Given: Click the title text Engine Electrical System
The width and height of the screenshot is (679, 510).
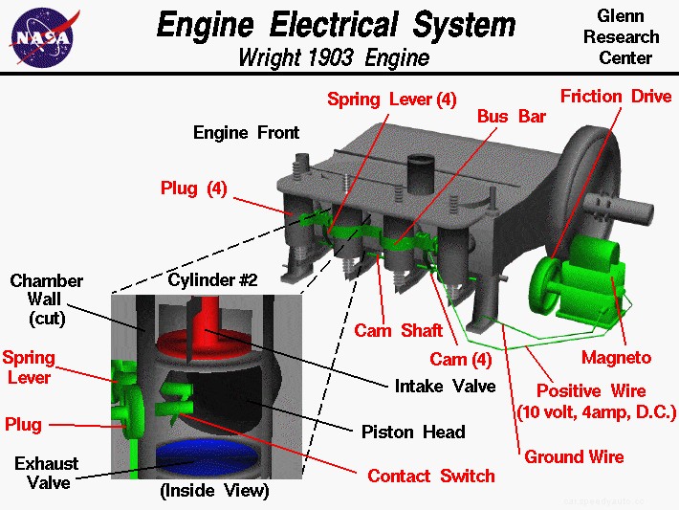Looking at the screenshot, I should [x=336, y=24].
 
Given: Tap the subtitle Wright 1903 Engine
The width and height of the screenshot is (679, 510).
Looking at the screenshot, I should [x=334, y=57].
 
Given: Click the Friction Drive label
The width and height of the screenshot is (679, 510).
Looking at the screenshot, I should [x=603, y=97].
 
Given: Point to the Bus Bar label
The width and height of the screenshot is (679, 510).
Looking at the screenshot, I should [x=511, y=116].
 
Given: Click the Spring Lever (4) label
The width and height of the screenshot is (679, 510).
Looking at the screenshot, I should [x=391, y=100].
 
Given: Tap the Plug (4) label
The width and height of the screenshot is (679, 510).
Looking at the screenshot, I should [x=193, y=188].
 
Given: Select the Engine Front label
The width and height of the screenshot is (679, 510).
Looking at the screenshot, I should [x=246, y=132].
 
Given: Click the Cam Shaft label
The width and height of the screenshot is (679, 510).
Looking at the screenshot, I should [x=398, y=331].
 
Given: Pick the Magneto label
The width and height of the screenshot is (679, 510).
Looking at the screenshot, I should [x=616, y=358].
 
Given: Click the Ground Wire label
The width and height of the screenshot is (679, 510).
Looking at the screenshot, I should [x=574, y=456].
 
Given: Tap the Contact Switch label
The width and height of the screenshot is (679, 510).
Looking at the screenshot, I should [x=430, y=476].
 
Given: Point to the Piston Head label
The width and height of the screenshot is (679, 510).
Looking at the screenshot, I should [x=413, y=432].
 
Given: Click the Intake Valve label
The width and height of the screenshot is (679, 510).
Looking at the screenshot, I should [x=445, y=387].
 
